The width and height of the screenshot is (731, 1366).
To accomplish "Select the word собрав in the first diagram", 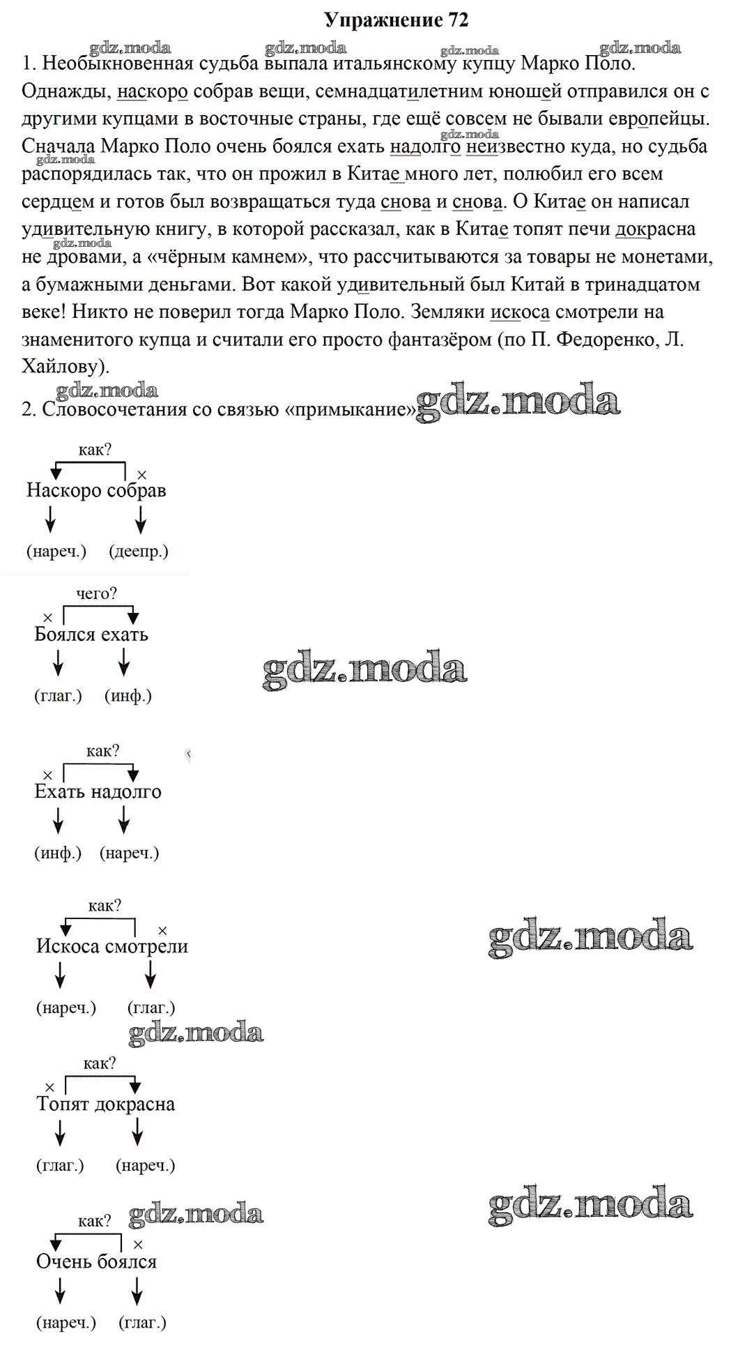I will tap(136, 490).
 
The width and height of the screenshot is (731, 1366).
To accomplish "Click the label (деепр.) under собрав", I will tap(139, 551).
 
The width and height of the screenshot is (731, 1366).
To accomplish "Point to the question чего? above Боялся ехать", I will tap(96, 593).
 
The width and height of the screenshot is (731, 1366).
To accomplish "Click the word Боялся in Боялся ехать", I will tap(63, 635).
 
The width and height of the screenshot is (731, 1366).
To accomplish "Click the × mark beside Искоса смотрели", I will tap(162, 931).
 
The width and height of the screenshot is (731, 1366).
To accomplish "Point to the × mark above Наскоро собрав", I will tap(141, 475).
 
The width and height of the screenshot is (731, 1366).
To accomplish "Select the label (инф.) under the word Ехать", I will tap(58, 852).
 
